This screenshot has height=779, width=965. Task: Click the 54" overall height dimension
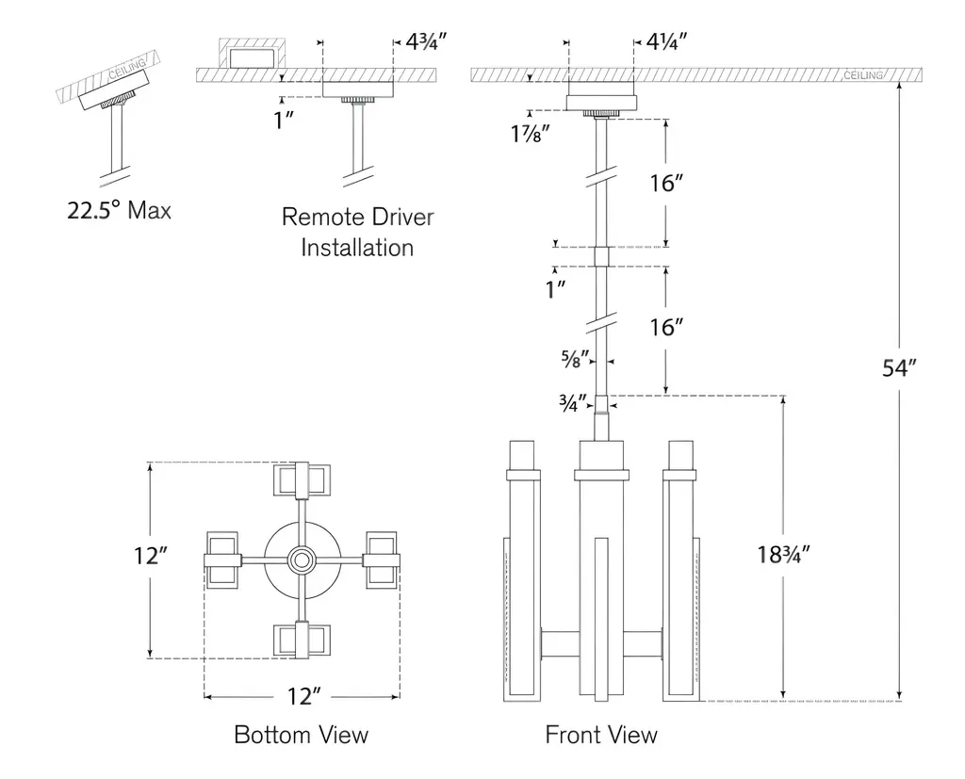pos(899,368)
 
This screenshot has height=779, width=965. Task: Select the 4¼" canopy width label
pos(666,41)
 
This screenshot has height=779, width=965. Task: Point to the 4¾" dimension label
pos(425,41)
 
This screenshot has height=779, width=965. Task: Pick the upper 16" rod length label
pos(665,183)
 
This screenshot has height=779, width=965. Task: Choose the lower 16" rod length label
pos(665,327)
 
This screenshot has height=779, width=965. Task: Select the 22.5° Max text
pos(119,209)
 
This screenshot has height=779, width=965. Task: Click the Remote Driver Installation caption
pos(357,232)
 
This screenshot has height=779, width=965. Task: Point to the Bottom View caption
pos(301,734)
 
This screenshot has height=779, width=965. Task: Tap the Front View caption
pos(601,734)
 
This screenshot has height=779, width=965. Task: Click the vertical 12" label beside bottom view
pos(150,557)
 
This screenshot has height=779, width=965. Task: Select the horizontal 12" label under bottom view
pos(304,697)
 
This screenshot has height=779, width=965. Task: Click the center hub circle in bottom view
pos(302,560)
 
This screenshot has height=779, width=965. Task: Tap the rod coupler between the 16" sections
pos(601,257)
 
